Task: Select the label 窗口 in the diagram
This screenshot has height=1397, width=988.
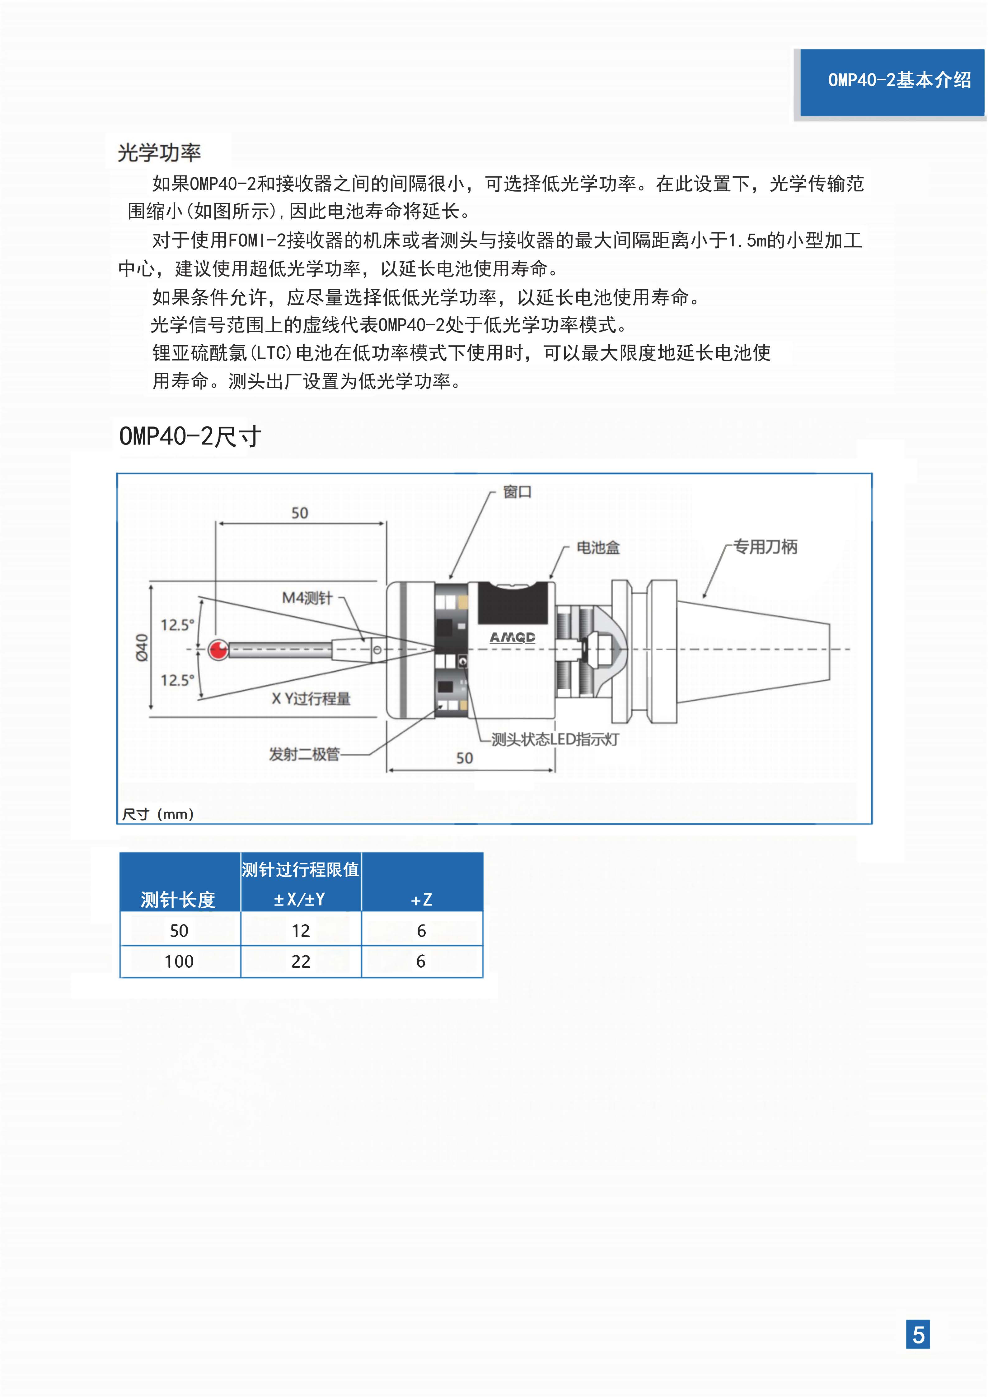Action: coord(517,491)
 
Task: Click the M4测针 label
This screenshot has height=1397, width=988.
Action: coord(307,598)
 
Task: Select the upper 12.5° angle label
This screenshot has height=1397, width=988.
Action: coord(177,625)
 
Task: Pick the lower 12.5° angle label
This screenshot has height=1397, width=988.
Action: coord(177,680)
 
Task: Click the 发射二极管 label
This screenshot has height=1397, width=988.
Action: coord(304,754)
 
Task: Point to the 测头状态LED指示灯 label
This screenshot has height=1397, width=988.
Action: coord(555,739)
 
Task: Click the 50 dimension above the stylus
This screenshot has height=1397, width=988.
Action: coord(299,513)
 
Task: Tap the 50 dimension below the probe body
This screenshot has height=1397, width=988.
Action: coord(465,758)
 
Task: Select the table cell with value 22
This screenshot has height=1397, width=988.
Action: coord(301,961)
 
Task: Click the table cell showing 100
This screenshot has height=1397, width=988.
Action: coord(179,961)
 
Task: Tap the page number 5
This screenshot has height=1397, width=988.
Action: coord(918,1335)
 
